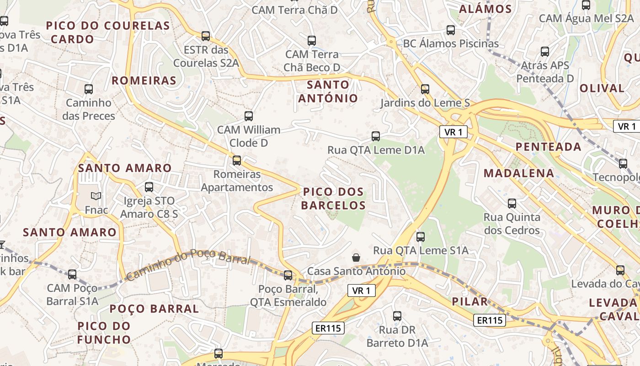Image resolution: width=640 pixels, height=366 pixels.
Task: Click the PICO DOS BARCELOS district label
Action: (333, 199)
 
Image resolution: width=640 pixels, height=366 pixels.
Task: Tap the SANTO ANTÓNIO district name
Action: (328, 91)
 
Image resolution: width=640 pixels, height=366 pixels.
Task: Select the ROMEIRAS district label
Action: (144, 81)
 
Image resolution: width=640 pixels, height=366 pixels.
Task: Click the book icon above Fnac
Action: (96, 196)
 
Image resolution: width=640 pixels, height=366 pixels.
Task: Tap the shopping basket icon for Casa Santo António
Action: (356, 258)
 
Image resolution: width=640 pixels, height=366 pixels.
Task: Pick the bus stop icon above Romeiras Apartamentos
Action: (237, 161)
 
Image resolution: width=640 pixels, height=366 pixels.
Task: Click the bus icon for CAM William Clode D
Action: (249, 116)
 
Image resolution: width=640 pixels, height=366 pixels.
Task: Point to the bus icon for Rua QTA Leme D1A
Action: (376, 136)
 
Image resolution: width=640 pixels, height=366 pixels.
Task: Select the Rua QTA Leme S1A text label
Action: (421, 250)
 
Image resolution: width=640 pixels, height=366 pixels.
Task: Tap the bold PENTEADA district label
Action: (549, 147)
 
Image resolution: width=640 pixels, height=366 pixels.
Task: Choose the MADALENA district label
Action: (519, 173)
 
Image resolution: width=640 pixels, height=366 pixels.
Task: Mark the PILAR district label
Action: (470, 301)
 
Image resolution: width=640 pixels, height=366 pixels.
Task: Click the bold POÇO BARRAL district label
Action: (154, 309)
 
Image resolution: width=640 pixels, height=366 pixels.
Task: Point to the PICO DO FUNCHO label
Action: (104, 333)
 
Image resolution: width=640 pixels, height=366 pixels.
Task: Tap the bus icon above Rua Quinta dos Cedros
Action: (512, 204)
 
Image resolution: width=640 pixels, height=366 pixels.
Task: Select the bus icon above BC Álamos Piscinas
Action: (451, 31)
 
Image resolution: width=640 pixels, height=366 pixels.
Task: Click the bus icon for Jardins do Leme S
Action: (425, 89)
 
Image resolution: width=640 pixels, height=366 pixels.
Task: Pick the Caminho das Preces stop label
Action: (89, 109)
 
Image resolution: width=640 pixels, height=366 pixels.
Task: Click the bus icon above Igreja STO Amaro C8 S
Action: (149, 187)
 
